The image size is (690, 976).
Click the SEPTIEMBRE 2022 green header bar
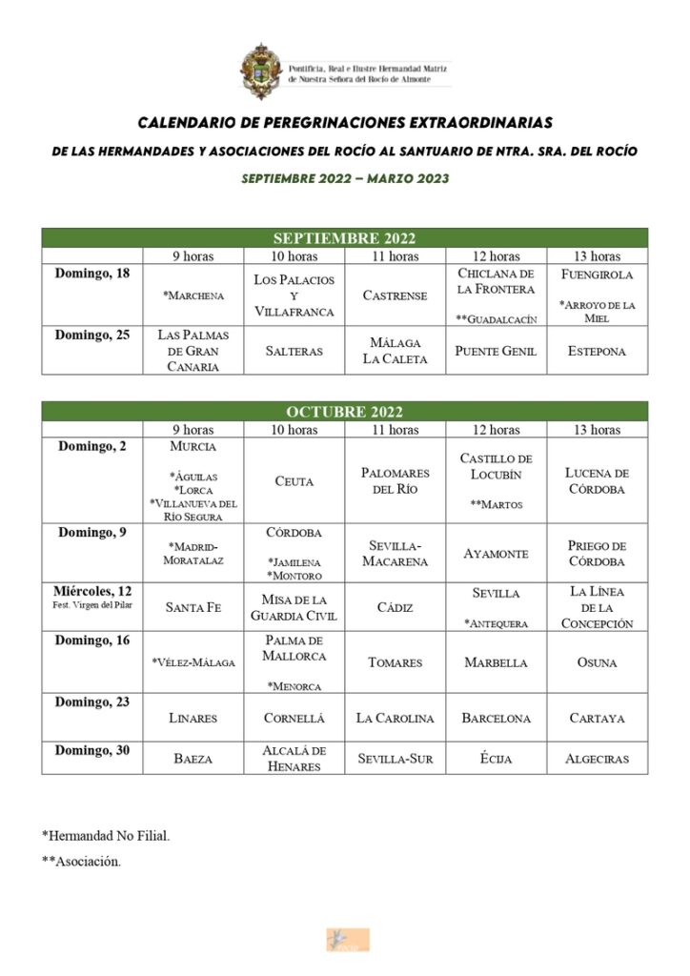click(344, 237)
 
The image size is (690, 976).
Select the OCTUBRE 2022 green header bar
click(344, 412)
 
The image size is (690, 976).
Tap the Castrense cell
click(395, 295)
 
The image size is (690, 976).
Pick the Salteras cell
click(294, 351)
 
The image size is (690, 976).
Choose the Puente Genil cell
click(496, 351)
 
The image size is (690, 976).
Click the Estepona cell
click(597, 351)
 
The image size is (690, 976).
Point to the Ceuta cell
click(294, 481)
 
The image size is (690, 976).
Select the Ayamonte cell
click(496, 553)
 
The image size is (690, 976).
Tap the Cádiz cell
click(395, 607)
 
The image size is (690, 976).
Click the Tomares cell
click(395, 662)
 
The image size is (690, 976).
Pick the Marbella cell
click(496, 662)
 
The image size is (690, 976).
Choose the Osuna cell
click(597, 662)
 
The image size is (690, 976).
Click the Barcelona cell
click(496, 718)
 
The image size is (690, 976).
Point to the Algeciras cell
click(597, 759)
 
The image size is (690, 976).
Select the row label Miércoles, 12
click(92, 592)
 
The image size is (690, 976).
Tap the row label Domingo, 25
click(92, 335)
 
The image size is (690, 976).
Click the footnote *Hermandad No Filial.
click(106, 836)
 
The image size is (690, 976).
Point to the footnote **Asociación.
click(81, 863)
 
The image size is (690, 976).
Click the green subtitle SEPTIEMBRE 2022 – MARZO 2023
click(344, 178)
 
